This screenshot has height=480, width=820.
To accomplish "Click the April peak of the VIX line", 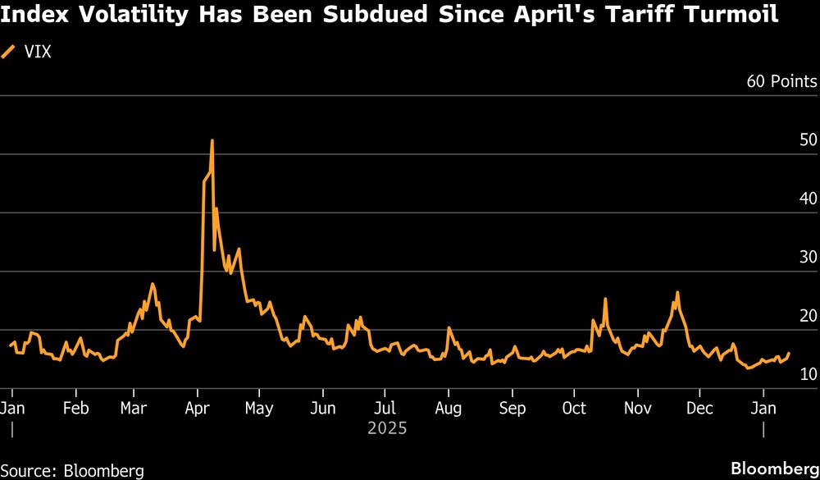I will [212, 141].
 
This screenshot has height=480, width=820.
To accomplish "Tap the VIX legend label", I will [39, 53].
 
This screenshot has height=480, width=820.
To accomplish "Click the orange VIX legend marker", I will [9, 53].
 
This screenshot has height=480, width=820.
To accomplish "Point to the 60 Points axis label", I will [781, 81].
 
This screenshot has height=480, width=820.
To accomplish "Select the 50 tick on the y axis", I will [808, 139].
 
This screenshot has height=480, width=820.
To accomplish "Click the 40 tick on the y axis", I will [808, 199].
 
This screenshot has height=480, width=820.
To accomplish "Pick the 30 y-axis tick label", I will [808, 257].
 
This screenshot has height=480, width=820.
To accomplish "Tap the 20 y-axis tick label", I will [808, 316].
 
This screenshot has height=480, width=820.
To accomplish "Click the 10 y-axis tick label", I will [808, 374].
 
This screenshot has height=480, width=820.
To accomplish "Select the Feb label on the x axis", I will [75, 408].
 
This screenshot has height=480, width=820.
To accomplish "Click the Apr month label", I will [198, 408].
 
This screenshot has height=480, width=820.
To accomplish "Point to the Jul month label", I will [385, 408].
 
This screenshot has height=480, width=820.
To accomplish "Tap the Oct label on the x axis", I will [574, 408].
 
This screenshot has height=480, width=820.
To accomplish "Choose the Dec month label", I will [699, 408].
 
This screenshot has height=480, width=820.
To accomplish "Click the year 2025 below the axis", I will [387, 428].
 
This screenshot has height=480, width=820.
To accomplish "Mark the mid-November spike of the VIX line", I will [677, 293].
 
